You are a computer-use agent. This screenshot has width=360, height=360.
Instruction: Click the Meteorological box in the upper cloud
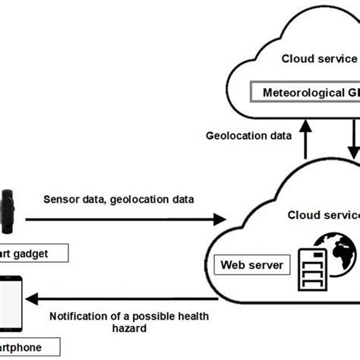[x=304, y=93]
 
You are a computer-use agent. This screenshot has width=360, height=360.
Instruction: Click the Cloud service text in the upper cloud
[x=319, y=58]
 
